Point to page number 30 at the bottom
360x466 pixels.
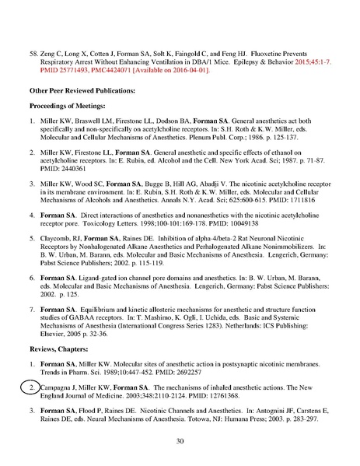click(180, 440)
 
